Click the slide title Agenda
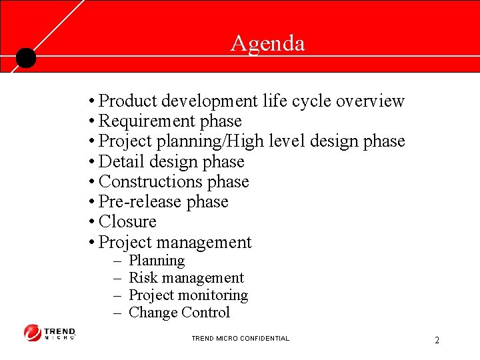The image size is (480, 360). [x=267, y=43]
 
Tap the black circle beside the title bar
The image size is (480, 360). [x=25, y=59]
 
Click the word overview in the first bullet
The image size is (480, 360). [x=370, y=101]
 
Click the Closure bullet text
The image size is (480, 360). [x=127, y=221]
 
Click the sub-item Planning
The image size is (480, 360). [x=157, y=261]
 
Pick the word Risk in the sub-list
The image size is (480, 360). [x=141, y=278]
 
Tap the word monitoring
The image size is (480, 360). [x=217, y=295]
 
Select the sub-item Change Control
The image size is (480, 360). [x=179, y=313]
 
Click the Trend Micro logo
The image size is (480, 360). [x=50, y=333]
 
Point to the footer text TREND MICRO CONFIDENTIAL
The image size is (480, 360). [x=240, y=339]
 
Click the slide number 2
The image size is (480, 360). [x=437, y=341]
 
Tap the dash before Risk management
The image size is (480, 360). [x=117, y=278]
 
